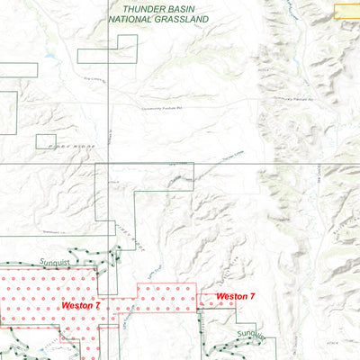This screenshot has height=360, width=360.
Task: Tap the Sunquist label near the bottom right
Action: [x=253, y=335]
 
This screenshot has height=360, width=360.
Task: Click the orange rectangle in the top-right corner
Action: [x=346, y=12]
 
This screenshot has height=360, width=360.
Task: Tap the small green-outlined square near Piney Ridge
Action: [x=46, y=141]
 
